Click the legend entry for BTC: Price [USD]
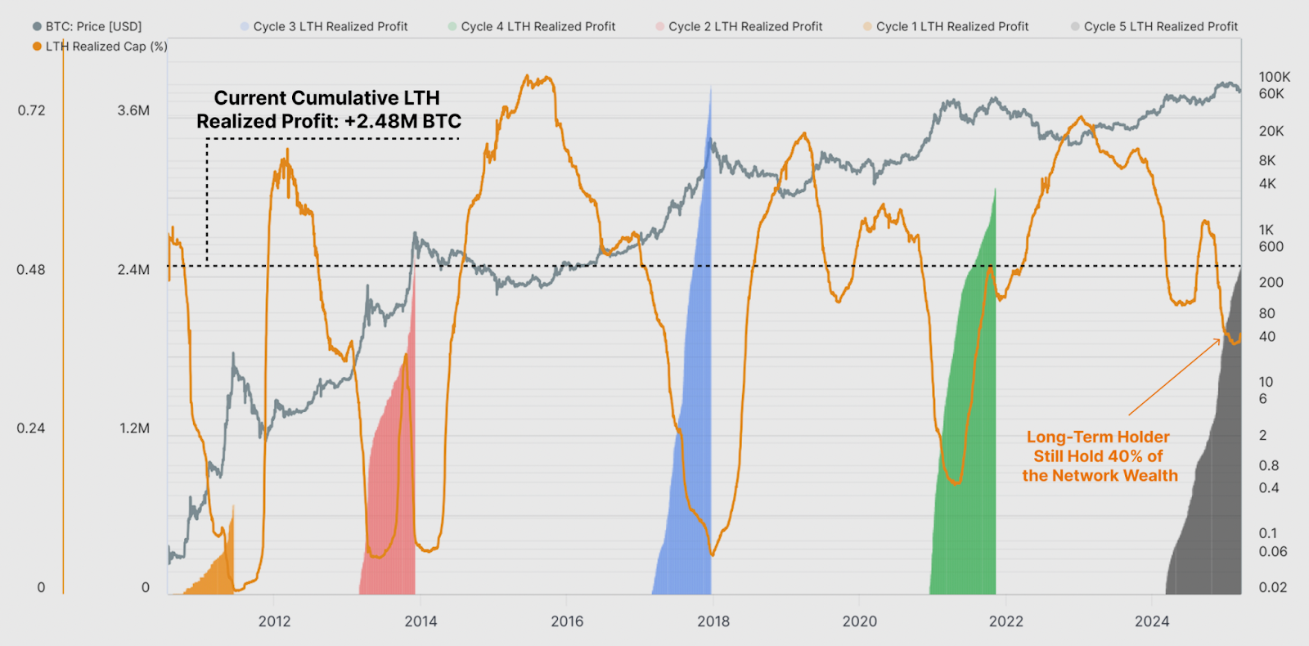[x=93, y=26]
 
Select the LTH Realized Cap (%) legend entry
[x=106, y=47]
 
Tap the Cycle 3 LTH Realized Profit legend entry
[x=330, y=26]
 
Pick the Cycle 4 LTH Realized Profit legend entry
[x=538, y=26]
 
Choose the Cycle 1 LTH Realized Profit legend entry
[x=951, y=26]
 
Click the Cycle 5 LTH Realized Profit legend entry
[x=1160, y=26]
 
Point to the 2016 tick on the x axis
[x=567, y=621]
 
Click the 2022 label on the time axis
[x=1005, y=621]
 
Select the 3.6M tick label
[x=133, y=110]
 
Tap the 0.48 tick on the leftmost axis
[x=31, y=270]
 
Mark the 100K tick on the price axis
[x=1274, y=77]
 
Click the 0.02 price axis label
[x=1272, y=587]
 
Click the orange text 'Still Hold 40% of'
[x=1098, y=456]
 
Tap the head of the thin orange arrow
[x=1220, y=339]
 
